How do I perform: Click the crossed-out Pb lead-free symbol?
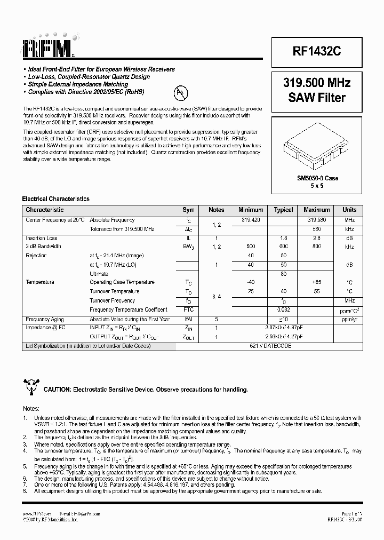[x=181, y=94]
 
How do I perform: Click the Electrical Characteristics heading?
[x=55, y=199]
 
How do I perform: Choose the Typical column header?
[x=283, y=210]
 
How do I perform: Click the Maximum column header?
[x=317, y=210]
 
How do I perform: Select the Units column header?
[x=349, y=210]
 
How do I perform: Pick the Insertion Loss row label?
[x=42, y=238]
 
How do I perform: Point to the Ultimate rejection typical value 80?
[x=283, y=274]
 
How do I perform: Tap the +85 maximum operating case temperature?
[x=317, y=282]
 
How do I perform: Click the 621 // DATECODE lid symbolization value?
[x=270, y=346]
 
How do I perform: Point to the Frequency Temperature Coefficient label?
[x=128, y=309]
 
